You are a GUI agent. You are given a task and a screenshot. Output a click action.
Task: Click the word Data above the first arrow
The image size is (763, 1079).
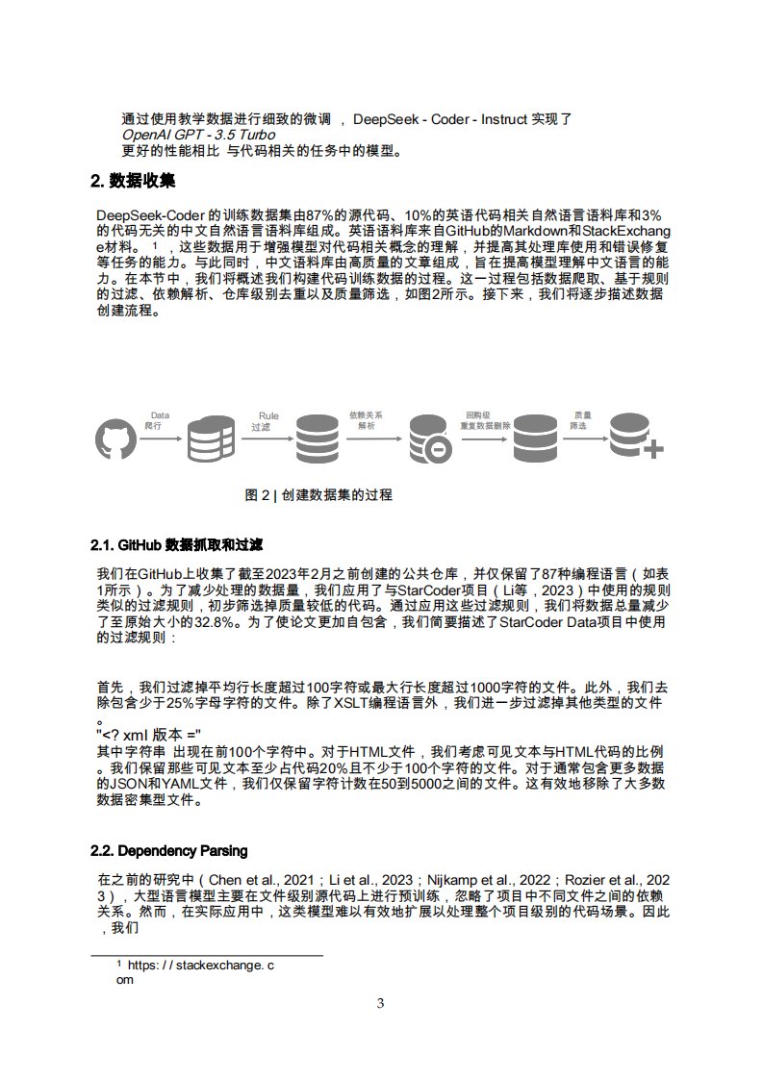[x=160, y=415]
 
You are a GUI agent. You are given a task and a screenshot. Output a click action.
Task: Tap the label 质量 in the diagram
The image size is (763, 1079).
[x=581, y=415]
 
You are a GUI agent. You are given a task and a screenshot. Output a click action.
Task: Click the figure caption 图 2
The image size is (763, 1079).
[x=318, y=495]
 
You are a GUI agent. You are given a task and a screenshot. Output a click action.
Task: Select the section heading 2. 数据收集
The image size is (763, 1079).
[x=133, y=181]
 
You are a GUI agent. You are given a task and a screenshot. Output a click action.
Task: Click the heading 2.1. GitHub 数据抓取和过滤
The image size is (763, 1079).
[x=177, y=546]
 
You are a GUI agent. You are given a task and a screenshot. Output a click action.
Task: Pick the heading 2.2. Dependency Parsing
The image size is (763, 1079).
[x=168, y=851]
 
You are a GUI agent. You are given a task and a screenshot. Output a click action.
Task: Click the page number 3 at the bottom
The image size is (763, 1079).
[x=380, y=1004]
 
